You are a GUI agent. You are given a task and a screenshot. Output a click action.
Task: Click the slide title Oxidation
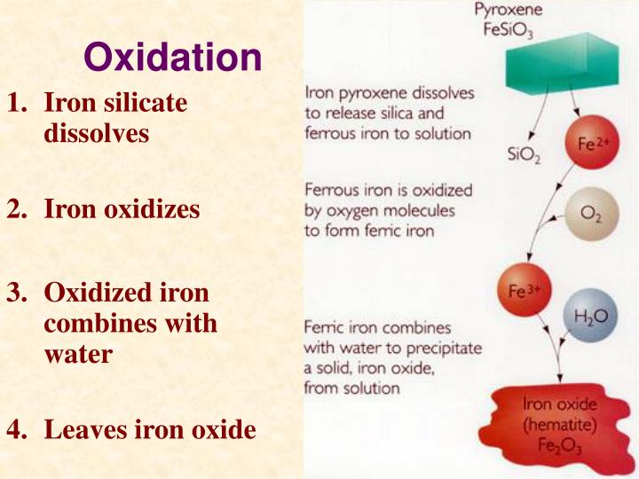point(173,59)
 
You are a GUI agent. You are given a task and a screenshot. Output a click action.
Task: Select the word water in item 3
point(78,354)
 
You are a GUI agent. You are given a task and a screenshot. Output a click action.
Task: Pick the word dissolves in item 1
point(96,134)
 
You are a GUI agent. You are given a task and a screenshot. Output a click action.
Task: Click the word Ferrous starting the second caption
point(331,191)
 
